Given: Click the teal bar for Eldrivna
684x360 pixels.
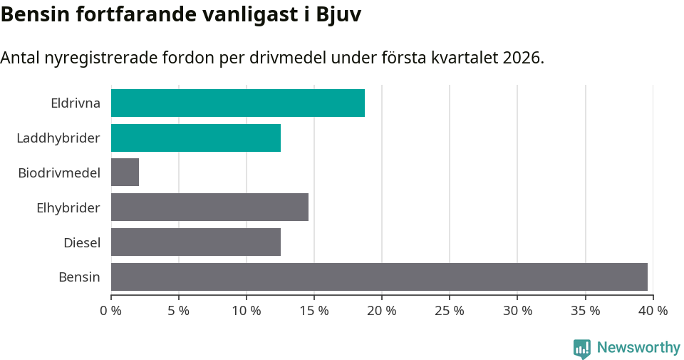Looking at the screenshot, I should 237,103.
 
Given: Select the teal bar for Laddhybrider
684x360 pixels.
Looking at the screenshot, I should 195,138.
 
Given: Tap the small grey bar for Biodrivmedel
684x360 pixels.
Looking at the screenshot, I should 125,173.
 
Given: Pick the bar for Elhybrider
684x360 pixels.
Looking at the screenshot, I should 209,207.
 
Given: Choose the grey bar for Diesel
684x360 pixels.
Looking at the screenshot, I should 195,242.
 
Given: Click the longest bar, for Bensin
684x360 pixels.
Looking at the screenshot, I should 379,277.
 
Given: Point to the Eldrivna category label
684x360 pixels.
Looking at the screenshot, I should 76,103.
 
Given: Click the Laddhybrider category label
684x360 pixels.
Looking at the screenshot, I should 58,138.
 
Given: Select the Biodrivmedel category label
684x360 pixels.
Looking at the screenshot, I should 59,173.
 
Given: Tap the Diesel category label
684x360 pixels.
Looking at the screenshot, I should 82,243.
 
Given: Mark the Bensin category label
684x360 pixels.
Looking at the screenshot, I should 79,277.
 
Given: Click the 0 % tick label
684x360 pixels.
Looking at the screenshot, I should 111,311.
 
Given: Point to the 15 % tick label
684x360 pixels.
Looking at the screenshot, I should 314,311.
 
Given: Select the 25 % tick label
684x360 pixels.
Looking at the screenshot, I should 450,311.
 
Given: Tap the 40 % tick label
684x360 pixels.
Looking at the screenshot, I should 653,311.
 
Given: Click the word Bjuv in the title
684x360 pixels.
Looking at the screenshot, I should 338,15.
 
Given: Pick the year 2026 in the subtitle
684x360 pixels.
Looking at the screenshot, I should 522,58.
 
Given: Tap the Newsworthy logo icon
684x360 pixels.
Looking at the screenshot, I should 582,348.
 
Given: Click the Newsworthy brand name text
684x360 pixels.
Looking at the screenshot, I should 638,348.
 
